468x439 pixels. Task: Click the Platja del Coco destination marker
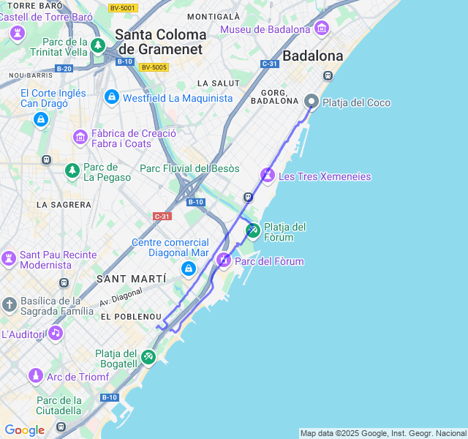coord(312,102)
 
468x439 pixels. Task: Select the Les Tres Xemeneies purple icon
coord(268,176)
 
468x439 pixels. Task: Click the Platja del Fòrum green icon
coord(252,230)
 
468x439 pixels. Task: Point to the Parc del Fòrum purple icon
coord(224,260)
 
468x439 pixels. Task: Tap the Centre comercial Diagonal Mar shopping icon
coord(189,269)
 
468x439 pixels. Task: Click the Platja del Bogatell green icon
coord(148,356)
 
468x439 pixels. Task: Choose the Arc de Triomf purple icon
coord(35,376)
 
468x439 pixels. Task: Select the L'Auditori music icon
coord(56,333)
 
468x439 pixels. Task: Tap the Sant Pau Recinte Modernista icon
coord(9,258)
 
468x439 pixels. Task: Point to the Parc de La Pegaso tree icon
coord(72,170)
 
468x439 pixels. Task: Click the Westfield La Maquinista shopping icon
coord(111,97)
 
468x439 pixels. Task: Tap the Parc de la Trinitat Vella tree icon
coord(98,46)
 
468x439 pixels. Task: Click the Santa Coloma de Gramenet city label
coord(161,42)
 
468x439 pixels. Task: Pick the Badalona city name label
coord(312,56)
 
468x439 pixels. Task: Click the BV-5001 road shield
coord(122,8)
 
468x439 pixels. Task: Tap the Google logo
coord(24,430)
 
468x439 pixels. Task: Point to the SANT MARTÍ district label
coord(131,279)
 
